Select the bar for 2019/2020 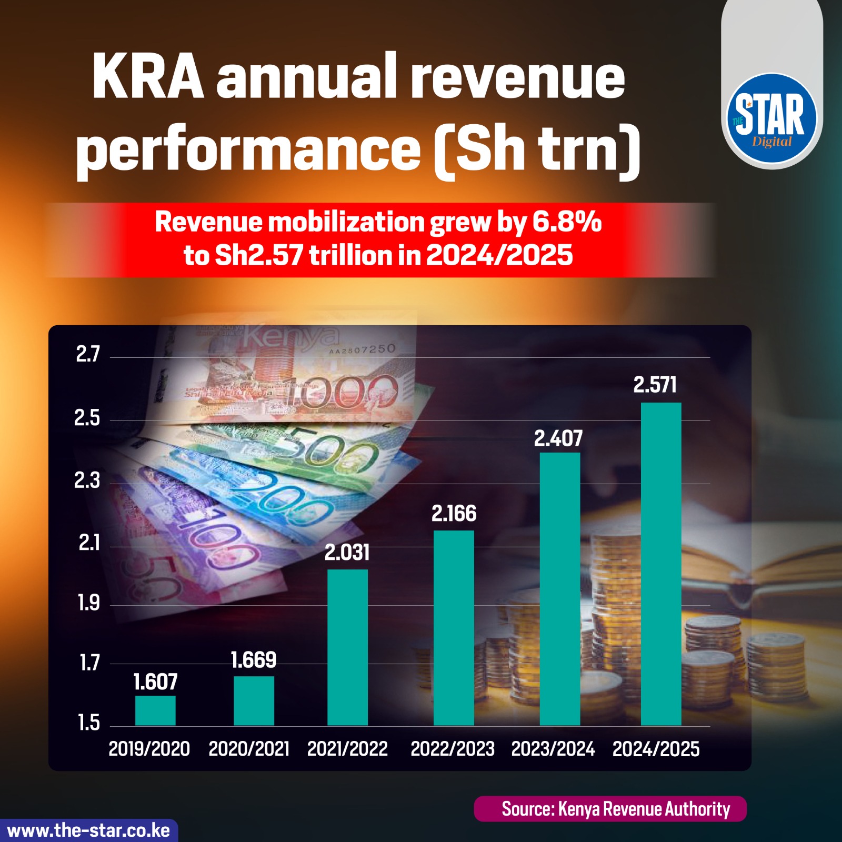(x=155, y=710)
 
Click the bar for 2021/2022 (x=347, y=647)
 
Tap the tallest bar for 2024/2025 (x=661, y=563)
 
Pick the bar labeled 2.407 (x=560, y=589)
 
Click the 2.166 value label (x=454, y=514)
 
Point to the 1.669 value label (x=254, y=660)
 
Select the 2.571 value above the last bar (x=655, y=385)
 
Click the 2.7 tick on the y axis (x=87, y=355)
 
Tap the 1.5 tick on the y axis (x=89, y=723)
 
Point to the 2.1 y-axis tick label (x=89, y=543)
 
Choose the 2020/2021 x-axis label (x=249, y=749)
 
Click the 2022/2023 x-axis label (x=453, y=749)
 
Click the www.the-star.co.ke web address (x=88, y=830)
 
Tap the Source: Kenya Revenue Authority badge (x=610, y=809)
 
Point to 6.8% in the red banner (x=567, y=222)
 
